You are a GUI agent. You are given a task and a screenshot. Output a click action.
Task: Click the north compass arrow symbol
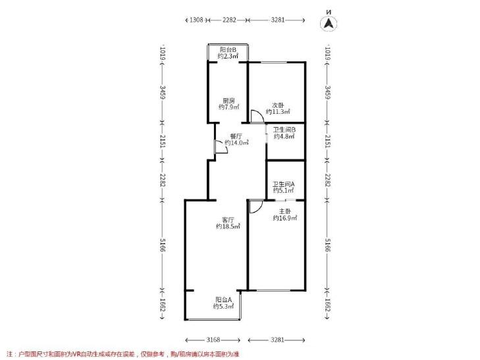(329, 23)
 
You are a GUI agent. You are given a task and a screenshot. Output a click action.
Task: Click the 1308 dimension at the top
(196, 20)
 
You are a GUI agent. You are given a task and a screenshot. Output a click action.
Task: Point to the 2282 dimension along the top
(229, 20)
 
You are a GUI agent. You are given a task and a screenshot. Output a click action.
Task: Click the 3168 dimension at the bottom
(213, 340)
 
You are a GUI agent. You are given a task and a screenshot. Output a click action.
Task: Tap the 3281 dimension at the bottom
(278, 340)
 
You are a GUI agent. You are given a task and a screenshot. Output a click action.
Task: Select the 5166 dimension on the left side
(163, 245)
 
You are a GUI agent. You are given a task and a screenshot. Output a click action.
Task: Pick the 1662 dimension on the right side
(327, 305)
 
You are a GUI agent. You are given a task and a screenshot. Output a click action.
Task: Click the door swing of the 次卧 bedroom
(257, 116)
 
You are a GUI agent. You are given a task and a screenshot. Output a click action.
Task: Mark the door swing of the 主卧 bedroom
(256, 207)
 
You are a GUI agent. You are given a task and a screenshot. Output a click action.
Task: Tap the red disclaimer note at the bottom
(122, 354)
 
